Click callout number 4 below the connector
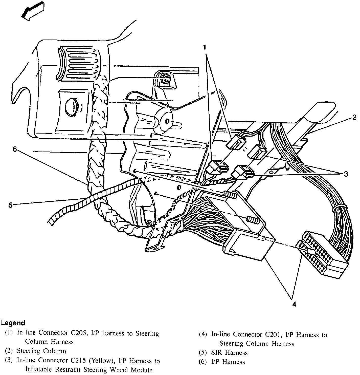click(294, 304)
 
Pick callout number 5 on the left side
click(10, 205)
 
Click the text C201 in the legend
click(271, 335)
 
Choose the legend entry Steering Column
click(41, 351)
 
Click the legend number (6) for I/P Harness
click(203, 362)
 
